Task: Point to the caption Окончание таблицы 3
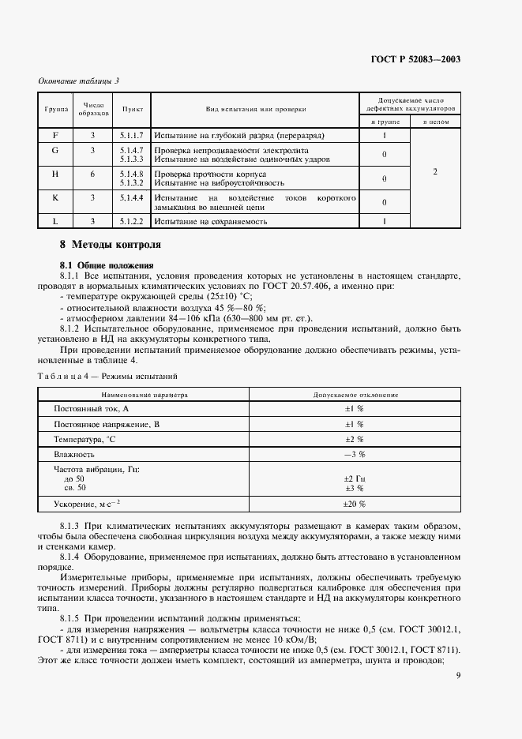(78, 81)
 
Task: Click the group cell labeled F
(55, 135)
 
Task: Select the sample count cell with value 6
(92, 174)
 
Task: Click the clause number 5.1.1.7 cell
(131, 135)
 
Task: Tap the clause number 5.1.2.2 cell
(131, 221)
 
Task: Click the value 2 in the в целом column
(434, 171)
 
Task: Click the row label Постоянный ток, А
(91, 408)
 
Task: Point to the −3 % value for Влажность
(353, 455)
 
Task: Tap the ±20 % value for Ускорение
(353, 504)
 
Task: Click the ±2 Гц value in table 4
(353, 478)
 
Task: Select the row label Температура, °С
(84, 439)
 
